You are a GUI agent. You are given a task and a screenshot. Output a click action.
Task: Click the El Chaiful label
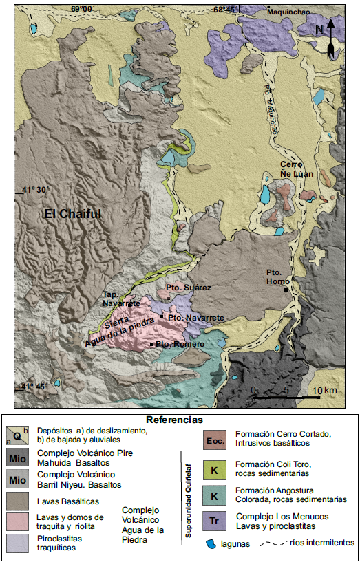[x=73, y=214]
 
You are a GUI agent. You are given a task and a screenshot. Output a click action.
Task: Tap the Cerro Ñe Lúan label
[x=297, y=169]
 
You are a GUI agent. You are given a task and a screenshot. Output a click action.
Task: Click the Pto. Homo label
[x=279, y=277]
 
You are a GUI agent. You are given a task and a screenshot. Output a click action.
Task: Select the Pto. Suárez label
[x=188, y=287]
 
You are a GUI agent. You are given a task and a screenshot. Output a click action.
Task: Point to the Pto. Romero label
[x=180, y=343]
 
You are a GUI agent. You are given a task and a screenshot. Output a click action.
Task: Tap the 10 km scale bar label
[x=324, y=391]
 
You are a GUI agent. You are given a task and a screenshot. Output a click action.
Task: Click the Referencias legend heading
[x=175, y=419]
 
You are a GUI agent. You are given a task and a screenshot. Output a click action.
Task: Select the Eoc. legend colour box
[x=215, y=439]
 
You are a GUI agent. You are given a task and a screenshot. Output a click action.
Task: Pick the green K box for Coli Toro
[x=215, y=468]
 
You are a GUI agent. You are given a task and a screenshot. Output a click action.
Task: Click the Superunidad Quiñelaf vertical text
[x=185, y=495]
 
